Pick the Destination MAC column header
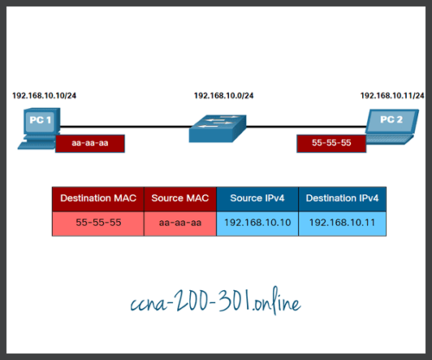(x=96, y=199)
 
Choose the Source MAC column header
(x=180, y=199)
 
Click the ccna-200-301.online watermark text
(x=216, y=304)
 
